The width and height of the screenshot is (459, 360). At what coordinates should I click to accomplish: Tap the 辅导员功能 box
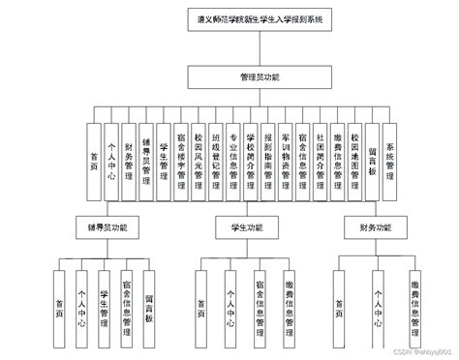(x=106, y=229)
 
